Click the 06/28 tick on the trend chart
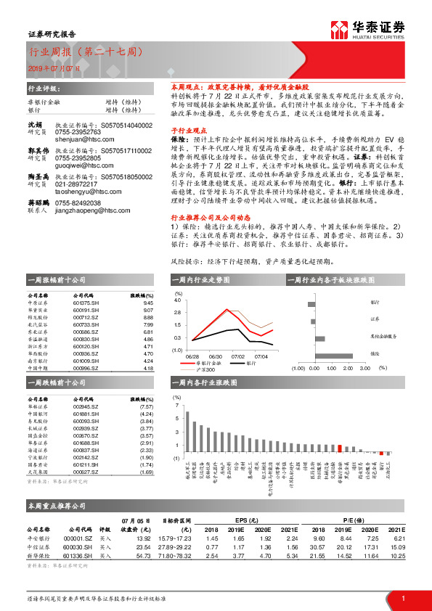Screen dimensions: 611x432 192,356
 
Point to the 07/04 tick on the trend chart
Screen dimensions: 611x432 261,356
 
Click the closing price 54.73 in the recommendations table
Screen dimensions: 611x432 142,554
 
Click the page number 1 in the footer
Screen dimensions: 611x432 402,598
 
